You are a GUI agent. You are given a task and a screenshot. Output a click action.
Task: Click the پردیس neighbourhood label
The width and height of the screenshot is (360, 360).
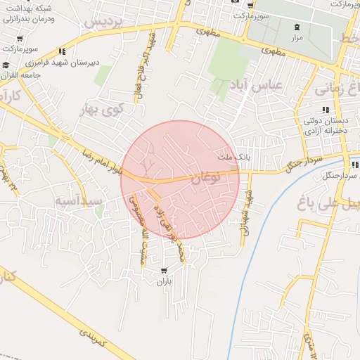click(103, 22)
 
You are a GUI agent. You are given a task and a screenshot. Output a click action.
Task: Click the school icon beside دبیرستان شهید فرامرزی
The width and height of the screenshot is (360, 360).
click(63, 51)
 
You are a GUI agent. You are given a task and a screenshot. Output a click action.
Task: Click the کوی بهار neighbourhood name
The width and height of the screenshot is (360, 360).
click(122, 109)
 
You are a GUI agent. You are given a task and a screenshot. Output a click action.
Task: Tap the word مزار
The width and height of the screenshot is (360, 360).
click(296, 37)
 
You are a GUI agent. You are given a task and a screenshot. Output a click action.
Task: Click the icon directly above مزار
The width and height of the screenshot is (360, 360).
click(296, 27)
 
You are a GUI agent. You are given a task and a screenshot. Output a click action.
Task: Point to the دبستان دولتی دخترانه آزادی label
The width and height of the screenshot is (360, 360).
click(324, 127)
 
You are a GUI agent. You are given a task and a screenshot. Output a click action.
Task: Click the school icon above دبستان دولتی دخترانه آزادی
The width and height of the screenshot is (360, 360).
click(325, 110)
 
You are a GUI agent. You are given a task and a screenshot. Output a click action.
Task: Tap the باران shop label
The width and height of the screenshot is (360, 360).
click(163, 281)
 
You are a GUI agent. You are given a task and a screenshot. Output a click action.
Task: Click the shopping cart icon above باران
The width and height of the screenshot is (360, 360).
click(164, 270)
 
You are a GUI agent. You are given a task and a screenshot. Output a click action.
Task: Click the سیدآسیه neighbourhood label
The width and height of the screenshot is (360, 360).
click(79, 200)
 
